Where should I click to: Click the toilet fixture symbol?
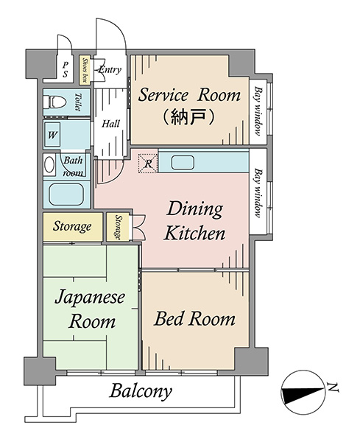tap(55, 102)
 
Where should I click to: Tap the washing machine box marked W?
tap(52, 135)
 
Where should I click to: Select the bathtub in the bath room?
tap(66, 194)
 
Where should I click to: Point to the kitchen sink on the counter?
tap(183, 163)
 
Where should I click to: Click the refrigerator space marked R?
tap(148, 164)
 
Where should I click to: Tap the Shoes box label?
tap(84, 70)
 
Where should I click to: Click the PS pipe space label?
tap(66, 69)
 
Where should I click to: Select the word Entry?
tap(110, 70)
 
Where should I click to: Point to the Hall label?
tap(110, 124)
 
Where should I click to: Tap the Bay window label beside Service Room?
tap(258, 110)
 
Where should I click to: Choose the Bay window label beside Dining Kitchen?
tap(258, 193)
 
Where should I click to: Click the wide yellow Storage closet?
tap(73, 227)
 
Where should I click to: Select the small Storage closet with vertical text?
tap(118, 227)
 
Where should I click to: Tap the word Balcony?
tap(141, 391)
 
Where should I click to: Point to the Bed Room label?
tap(194, 318)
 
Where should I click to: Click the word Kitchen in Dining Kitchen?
tap(194, 233)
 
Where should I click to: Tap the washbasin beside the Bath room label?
tap(49, 164)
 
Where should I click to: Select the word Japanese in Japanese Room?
tap(90, 298)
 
